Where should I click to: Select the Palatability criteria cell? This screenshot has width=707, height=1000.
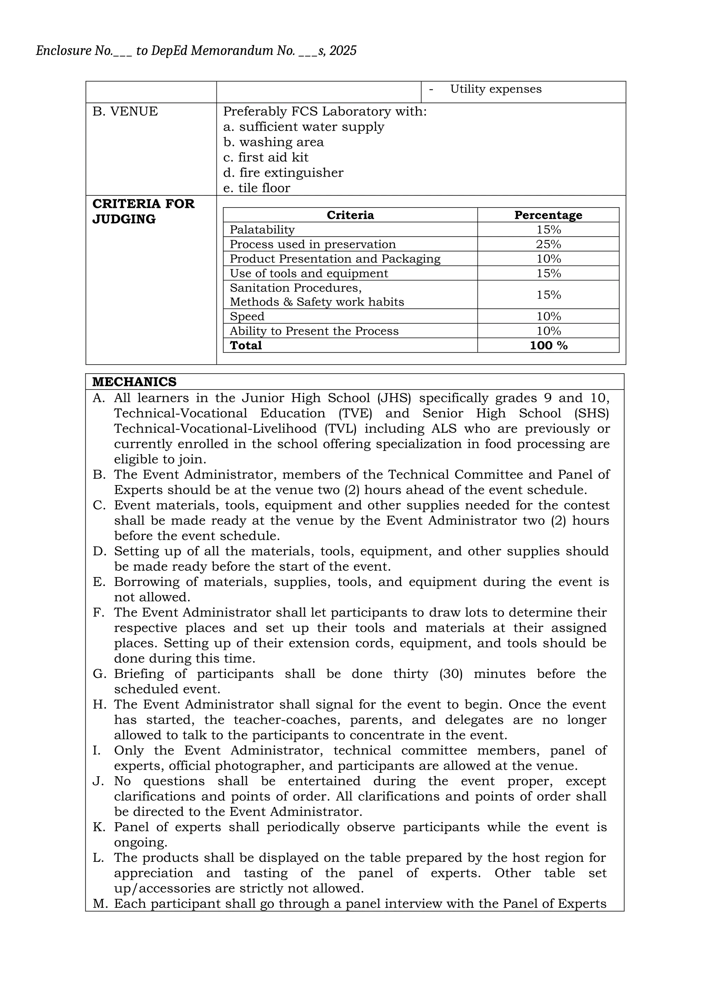click(262, 230)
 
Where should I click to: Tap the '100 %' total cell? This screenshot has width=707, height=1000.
click(549, 345)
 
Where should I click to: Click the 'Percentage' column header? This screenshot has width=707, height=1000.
click(548, 215)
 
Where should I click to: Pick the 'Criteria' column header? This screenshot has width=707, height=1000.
click(350, 215)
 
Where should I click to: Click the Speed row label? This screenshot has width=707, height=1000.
click(247, 316)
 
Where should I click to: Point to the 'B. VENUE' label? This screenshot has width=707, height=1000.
click(125, 112)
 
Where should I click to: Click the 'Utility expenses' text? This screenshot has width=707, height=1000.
click(495, 89)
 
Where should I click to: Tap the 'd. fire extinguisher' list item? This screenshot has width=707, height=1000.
click(283, 173)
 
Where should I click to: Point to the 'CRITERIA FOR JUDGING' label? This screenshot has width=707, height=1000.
click(143, 211)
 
